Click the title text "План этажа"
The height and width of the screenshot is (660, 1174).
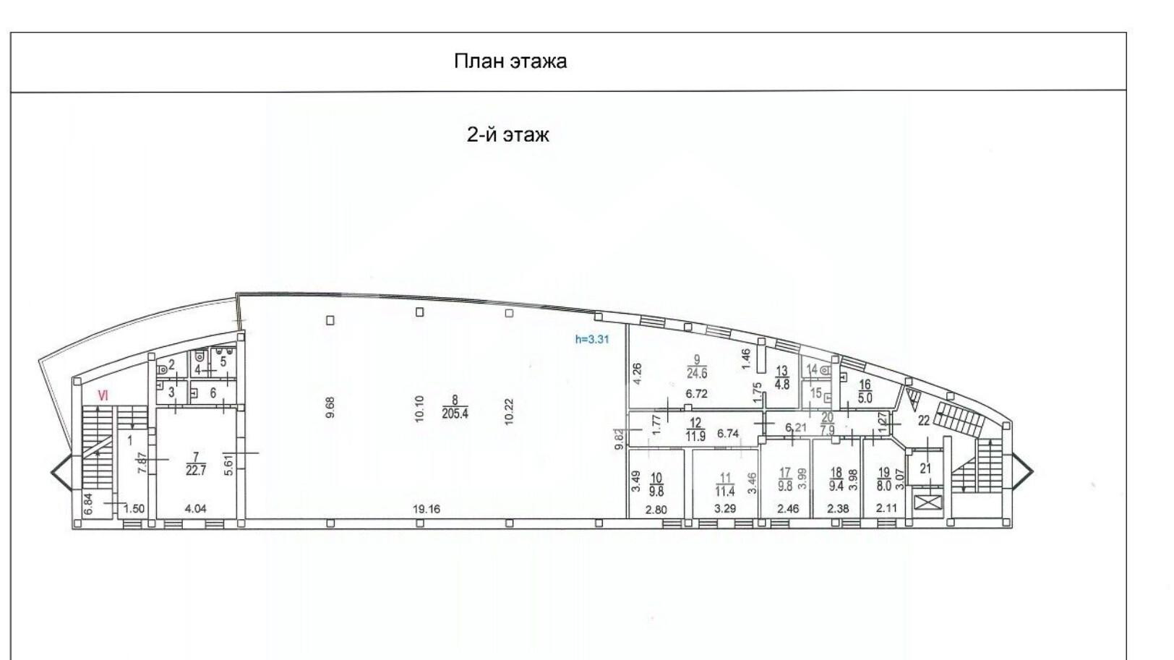pyautogui.click(x=510, y=61)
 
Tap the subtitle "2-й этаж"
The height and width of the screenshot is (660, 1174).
pyautogui.click(x=508, y=135)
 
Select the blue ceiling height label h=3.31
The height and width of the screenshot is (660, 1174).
pyautogui.click(x=592, y=339)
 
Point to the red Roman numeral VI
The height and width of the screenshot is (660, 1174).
pyautogui.click(x=103, y=396)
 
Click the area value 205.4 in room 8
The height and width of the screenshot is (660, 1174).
pyautogui.click(x=455, y=413)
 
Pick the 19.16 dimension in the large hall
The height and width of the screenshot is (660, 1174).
pyautogui.click(x=426, y=508)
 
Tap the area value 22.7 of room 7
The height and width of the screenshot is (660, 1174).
pyautogui.click(x=195, y=470)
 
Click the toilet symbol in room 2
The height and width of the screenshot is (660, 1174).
pyautogui.click(x=161, y=369)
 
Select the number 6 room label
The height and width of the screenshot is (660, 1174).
pyautogui.click(x=213, y=393)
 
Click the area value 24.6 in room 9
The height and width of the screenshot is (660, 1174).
pyautogui.click(x=697, y=373)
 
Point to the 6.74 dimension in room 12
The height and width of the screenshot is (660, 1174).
pyautogui.click(x=728, y=434)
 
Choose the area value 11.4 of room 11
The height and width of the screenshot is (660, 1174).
pyautogui.click(x=725, y=492)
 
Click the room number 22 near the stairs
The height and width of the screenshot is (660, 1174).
pyautogui.click(x=923, y=421)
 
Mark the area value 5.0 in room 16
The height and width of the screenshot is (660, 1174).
pyautogui.click(x=865, y=398)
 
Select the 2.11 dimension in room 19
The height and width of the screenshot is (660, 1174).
pyautogui.click(x=886, y=507)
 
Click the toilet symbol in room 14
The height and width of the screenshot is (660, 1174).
pyautogui.click(x=826, y=370)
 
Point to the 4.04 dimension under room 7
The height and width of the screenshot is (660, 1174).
pyautogui.click(x=195, y=508)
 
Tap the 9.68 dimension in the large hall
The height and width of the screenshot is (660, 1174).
pyautogui.click(x=330, y=408)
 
